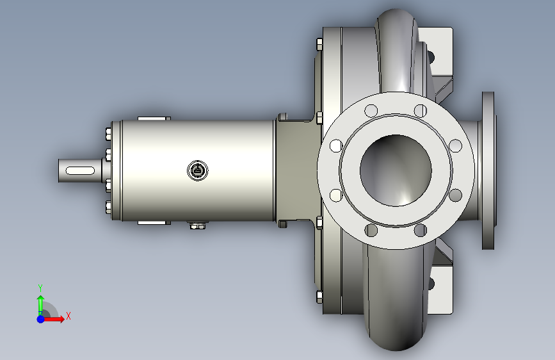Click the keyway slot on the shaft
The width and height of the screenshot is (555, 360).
pyautogui.click(x=80, y=171)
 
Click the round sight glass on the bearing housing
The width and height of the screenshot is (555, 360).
pyautogui.click(x=198, y=171)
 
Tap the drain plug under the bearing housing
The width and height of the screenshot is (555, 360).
pyautogui.click(x=197, y=225)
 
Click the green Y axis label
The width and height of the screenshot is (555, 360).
pyautogui.click(x=40, y=288)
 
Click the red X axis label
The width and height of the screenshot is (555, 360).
pyautogui.click(x=68, y=316)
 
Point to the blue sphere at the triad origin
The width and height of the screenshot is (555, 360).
pyautogui.click(x=41, y=319)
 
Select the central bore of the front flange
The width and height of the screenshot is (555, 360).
pyautogui.click(x=396, y=170)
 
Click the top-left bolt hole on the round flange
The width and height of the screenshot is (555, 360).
pyautogui.click(x=371, y=111)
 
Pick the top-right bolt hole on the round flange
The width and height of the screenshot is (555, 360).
pyautogui.click(x=421, y=111)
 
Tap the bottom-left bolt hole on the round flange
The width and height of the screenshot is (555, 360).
pyautogui.click(x=371, y=231)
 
